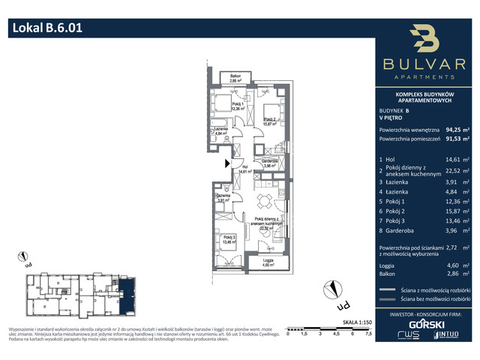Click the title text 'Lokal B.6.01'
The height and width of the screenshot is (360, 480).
coord(46,29)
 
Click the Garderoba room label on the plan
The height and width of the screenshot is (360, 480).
coord(270,163)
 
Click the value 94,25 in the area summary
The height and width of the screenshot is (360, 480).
coord(454,129)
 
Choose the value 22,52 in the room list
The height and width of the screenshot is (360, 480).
coord(454,180)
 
